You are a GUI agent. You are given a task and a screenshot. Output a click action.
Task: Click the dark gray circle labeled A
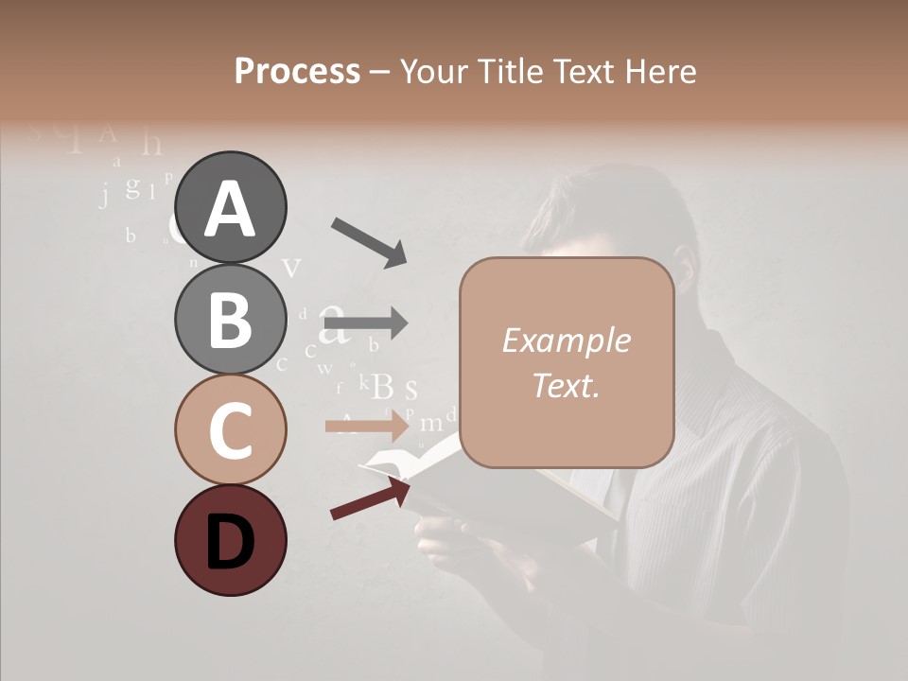[230, 207]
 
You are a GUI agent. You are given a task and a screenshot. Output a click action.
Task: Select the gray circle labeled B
[230, 319]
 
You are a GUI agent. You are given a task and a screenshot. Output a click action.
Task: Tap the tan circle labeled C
[230, 429]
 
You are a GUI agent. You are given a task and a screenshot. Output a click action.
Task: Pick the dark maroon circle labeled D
[230, 540]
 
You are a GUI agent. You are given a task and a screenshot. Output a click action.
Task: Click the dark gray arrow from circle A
[368, 241]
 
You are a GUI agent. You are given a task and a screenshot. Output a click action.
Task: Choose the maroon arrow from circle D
[370, 498]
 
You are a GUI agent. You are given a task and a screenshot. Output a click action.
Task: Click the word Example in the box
[566, 340]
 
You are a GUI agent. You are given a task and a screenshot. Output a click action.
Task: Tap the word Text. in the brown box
[566, 385]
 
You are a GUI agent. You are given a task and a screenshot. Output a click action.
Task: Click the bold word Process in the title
[297, 71]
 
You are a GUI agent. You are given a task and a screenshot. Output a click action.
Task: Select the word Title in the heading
[513, 71]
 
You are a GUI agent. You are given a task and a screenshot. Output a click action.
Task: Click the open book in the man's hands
[530, 492]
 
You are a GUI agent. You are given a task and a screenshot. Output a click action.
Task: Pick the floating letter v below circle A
[292, 268]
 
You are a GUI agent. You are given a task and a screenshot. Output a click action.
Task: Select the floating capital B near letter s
[382, 386]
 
